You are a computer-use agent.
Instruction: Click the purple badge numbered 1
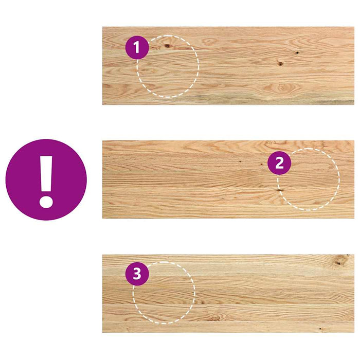coord(137,48)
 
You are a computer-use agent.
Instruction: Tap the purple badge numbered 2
coord(279,164)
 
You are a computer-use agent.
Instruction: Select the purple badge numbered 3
coord(137,274)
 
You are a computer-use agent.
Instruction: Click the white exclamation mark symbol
coord(46,179)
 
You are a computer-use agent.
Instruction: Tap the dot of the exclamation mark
coord(46,200)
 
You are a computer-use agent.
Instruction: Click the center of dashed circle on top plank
coord(168,66)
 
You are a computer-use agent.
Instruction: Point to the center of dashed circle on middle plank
coord(308,179)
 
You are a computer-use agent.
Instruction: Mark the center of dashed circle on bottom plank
coord(164,293)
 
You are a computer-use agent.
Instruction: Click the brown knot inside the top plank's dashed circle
coord(167,46)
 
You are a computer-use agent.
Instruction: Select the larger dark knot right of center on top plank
coord(280,64)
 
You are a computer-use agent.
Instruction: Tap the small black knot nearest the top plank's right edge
coord(297,52)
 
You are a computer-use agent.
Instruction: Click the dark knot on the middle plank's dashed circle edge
coord(279,190)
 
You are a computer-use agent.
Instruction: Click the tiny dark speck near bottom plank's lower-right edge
coord(320,328)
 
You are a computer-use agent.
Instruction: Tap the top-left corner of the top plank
coord(103,28)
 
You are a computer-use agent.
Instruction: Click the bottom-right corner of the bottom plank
coord(353,332)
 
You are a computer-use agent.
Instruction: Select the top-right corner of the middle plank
coord(353,141)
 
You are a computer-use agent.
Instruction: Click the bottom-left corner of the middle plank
coord(103,218)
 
